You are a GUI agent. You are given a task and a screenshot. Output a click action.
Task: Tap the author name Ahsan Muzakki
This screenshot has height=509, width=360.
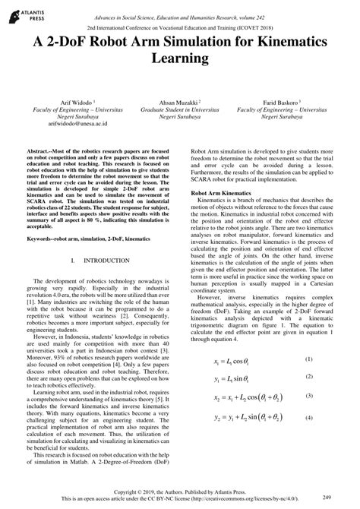coord(180,102)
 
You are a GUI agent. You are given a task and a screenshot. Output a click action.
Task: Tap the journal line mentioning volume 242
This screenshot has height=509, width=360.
coord(180,14)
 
